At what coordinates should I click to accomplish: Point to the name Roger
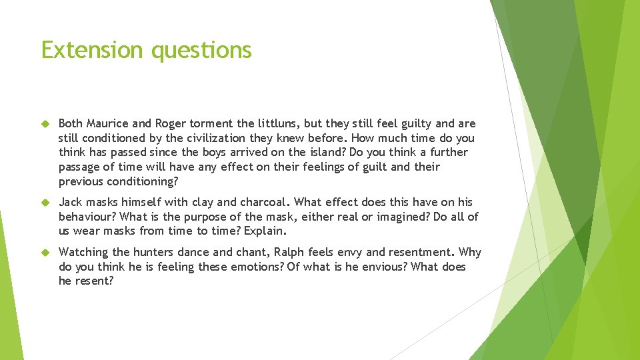click(171, 123)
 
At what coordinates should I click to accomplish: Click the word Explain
click(265, 231)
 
